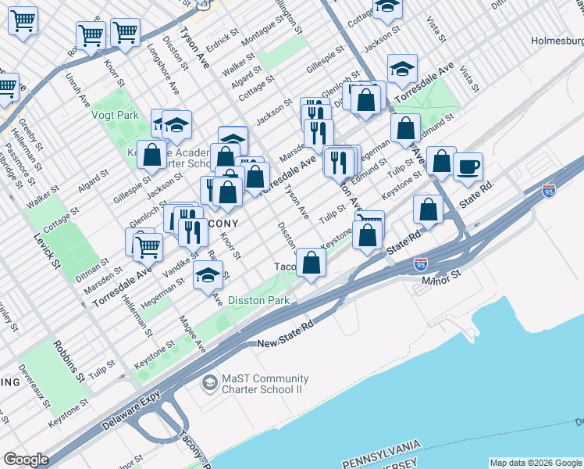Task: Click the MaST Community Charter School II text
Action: pos(265,384)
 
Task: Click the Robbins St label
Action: pos(68,360)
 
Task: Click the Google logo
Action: pos(26,460)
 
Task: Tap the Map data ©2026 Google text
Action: pos(535,462)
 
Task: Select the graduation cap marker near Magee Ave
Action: pos(208,275)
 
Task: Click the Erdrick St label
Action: pos(222,37)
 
